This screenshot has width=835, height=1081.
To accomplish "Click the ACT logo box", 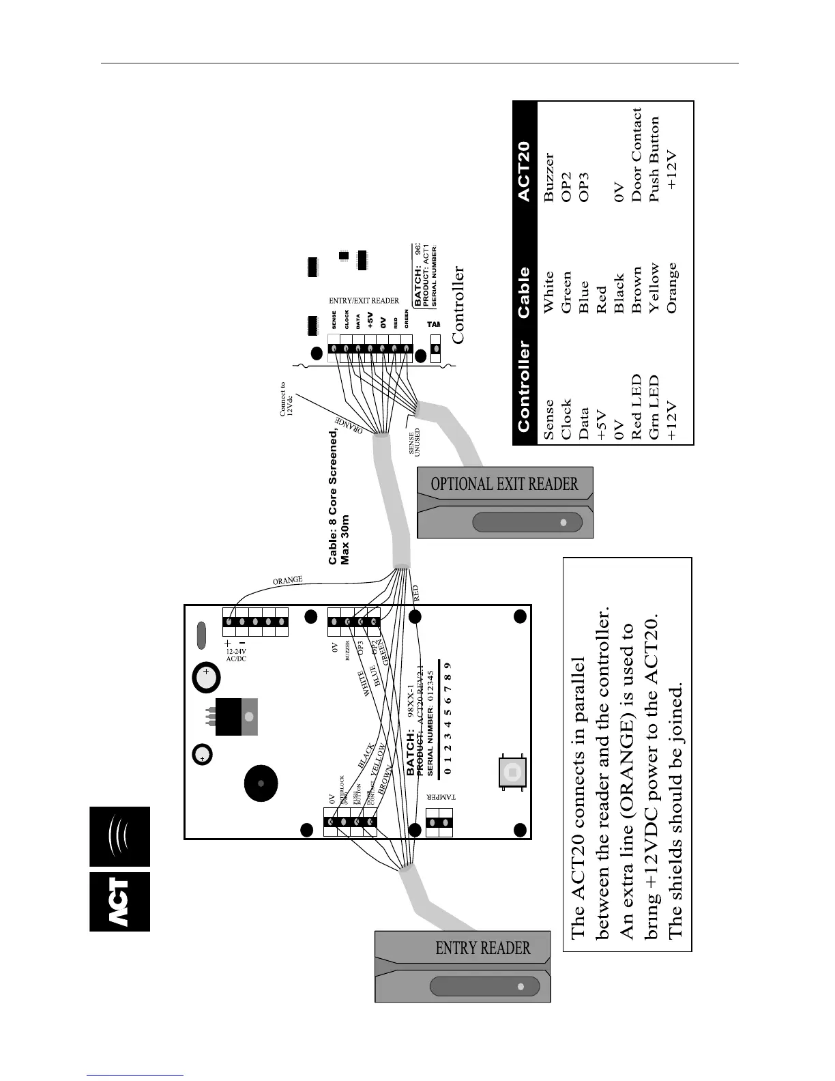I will click(x=119, y=901).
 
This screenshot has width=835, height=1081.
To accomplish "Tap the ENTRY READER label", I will click(x=483, y=948).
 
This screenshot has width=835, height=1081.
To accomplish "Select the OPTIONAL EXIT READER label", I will click(x=505, y=484).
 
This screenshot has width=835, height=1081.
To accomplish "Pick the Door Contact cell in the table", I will click(x=636, y=155).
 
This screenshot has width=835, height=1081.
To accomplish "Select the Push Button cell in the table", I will click(x=654, y=159).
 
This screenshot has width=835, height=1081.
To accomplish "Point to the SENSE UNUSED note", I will click(x=415, y=443).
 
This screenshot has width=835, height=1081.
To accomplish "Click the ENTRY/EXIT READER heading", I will click(x=364, y=300).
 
